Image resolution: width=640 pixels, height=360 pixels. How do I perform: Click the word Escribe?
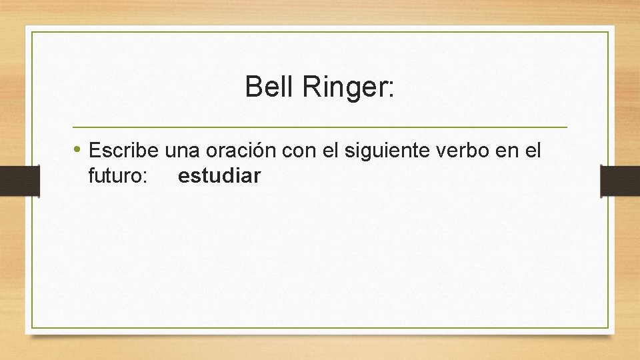click(x=124, y=151)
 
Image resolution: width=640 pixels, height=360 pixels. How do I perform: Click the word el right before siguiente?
click(x=331, y=151)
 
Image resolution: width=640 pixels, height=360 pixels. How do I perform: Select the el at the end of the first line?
click(x=533, y=151)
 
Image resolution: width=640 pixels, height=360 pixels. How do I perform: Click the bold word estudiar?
click(x=219, y=177)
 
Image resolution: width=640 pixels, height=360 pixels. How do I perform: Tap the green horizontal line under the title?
click(x=319, y=127)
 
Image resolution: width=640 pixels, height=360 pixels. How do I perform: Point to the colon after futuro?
click(x=145, y=179)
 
